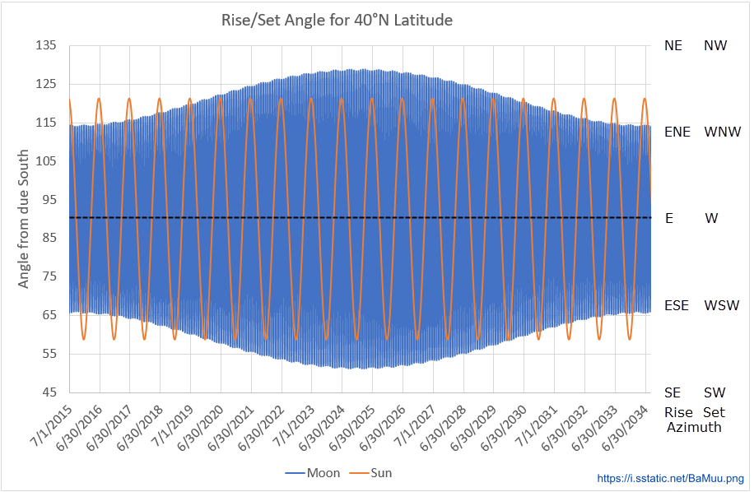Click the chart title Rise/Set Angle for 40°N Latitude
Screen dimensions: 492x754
(x=337, y=20)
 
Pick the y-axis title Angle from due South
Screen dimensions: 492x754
(x=24, y=219)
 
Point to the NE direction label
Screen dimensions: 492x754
(x=673, y=46)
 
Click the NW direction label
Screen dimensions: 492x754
(x=715, y=46)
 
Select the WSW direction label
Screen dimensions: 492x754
(x=722, y=305)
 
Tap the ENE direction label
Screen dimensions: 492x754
(x=677, y=132)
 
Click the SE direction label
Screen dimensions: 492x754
(x=673, y=392)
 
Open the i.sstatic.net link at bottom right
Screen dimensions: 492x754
(x=669, y=478)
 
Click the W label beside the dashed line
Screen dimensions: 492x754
(x=713, y=219)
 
